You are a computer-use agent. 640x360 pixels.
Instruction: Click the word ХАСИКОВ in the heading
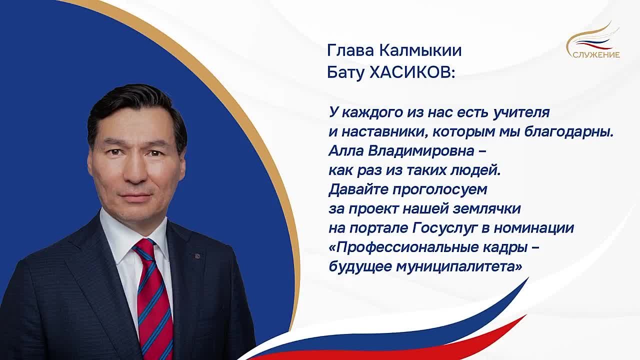(411, 72)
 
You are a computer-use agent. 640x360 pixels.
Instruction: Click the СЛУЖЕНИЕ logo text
(596, 55)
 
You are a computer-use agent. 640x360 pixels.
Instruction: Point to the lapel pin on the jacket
(197, 256)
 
